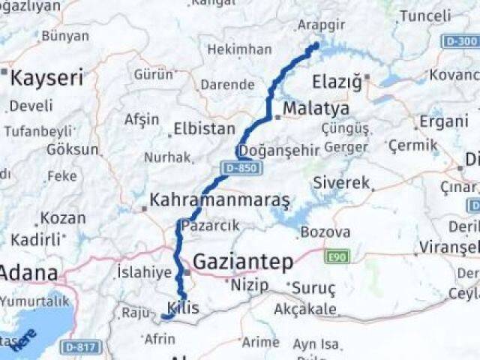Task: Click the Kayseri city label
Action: tap(46, 76)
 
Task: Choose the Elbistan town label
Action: tap(204, 129)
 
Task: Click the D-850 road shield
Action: tap(241, 168)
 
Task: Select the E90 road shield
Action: tap(337, 257)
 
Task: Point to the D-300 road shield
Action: tap(458, 40)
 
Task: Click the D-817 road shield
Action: tap(80, 346)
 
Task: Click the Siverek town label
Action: tap(342, 182)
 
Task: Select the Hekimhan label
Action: tap(239, 49)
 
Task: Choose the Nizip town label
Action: tap(249, 285)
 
